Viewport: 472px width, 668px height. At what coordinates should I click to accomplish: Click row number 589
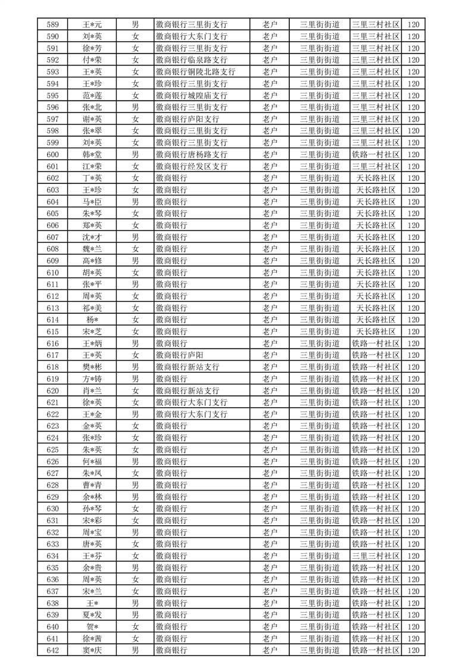tap(52, 24)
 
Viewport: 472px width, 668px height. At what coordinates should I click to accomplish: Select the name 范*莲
tap(92, 95)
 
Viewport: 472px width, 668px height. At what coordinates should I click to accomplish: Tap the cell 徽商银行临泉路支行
tap(191, 60)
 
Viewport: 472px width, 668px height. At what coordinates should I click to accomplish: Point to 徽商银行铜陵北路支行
tap(195, 72)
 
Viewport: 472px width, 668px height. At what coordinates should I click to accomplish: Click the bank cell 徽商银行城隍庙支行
tap(191, 95)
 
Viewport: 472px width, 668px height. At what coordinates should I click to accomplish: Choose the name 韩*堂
tap(92, 154)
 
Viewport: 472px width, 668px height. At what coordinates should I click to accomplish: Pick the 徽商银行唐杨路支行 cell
tap(191, 154)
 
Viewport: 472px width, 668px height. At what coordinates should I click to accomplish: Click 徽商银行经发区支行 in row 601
tap(191, 166)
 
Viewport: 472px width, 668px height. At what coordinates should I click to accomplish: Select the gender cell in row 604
tap(136, 202)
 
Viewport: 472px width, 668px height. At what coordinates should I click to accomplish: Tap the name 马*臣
tap(92, 202)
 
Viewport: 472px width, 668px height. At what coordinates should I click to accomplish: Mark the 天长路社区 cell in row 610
tap(376, 273)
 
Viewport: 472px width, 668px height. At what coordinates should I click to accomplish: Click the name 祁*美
tap(92, 308)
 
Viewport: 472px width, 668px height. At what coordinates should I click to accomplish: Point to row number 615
tap(52, 332)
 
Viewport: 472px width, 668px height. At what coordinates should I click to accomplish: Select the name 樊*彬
tap(92, 367)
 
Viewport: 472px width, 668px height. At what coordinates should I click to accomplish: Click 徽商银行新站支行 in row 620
tap(187, 391)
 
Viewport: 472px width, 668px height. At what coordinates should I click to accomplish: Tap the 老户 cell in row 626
tap(270, 461)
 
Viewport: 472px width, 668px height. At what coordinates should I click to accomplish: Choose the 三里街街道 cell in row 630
tap(320, 508)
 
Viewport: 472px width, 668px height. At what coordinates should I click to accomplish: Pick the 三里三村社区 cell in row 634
tap(376, 556)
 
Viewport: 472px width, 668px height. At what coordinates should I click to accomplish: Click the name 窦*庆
tap(92, 650)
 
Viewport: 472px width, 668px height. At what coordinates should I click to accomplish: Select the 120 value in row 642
tap(414, 650)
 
